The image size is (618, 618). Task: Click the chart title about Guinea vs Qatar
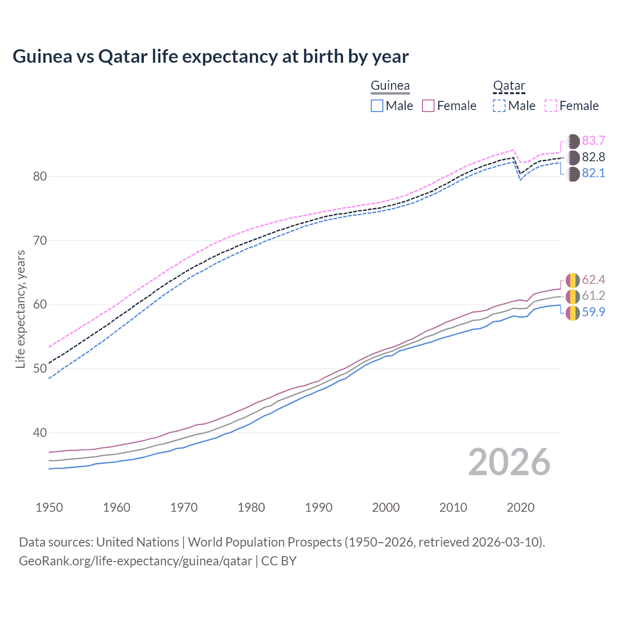pos(211,56)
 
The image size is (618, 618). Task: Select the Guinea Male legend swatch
pos(377,106)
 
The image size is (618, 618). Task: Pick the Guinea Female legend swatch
pos(428,106)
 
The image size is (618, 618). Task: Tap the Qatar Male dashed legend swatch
pos(499,106)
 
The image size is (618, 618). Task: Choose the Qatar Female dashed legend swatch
pos(551,106)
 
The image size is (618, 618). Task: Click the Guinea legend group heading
pos(390,86)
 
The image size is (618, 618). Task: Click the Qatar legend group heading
pos(509,86)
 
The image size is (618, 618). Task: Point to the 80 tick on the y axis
pos(40,176)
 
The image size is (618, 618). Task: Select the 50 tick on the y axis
pos(40,368)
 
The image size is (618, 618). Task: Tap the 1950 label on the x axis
pos(49,507)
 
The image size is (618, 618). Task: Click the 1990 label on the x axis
pos(319,507)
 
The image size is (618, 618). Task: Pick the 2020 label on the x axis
pos(520,507)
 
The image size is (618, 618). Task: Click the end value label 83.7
pos(593,140)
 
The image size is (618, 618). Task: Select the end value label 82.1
pos(593,173)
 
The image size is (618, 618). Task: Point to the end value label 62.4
pos(593,280)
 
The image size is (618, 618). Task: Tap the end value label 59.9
pos(593,312)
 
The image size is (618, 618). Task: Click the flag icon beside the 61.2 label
pos(573,296)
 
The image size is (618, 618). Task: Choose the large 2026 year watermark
pos(509,462)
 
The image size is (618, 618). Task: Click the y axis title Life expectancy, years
pos(20,309)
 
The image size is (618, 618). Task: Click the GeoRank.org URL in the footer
pos(135,561)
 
